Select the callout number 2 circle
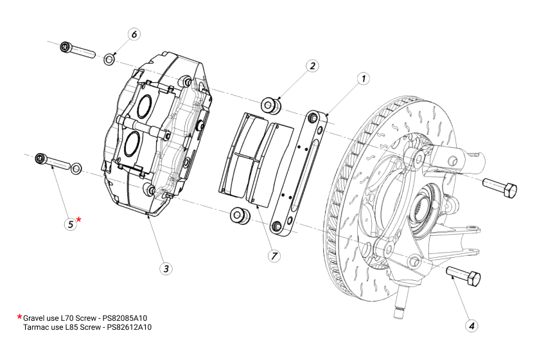(313, 66)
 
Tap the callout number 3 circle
(166, 268)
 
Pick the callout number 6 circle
(134, 35)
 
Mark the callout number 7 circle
(274, 256)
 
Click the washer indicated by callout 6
(110, 60)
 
